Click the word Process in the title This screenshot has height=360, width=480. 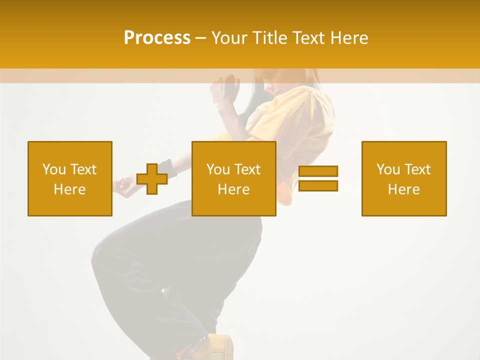tap(157, 38)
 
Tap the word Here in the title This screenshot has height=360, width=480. tap(349, 38)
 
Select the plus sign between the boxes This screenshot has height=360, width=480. tap(152, 179)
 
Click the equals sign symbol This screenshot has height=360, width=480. tap(318, 178)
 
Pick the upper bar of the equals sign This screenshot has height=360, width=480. tap(318, 171)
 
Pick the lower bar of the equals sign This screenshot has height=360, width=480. tap(318, 185)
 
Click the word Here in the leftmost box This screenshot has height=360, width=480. tap(70, 189)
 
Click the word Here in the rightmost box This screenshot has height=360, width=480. tap(404, 189)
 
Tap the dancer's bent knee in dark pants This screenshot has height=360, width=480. tap(107, 250)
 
